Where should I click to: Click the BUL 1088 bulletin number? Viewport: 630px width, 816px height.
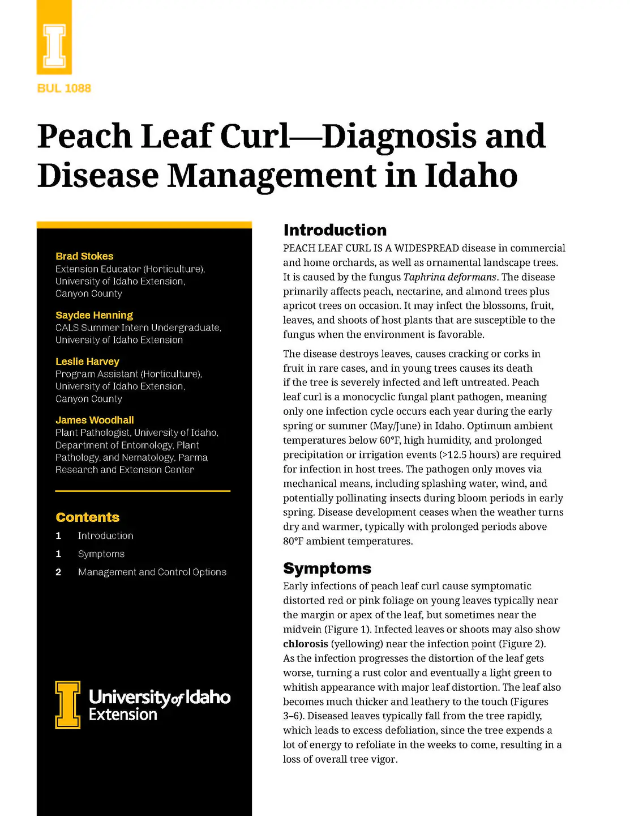[64, 88]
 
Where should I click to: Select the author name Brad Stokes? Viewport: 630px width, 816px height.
[84, 256]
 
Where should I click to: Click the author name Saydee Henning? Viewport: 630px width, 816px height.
[94, 315]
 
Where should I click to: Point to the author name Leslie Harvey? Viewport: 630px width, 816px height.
[87, 362]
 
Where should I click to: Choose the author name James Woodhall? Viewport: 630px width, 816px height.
[95, 420]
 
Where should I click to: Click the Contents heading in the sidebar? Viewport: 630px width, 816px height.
[88, 517]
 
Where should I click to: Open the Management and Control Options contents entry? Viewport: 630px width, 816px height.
[152, 572]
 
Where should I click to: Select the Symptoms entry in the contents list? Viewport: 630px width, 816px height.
[101, 554]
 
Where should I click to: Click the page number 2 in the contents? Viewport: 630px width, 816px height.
[58, 572]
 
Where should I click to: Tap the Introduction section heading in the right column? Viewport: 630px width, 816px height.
[335, 230]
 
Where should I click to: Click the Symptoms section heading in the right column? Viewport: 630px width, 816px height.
[327, 568]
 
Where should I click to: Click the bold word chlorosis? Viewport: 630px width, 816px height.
[306, 644]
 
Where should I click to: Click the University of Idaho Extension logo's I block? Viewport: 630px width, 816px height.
[68, 705]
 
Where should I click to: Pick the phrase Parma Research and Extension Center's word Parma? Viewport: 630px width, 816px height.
[192, 457]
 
